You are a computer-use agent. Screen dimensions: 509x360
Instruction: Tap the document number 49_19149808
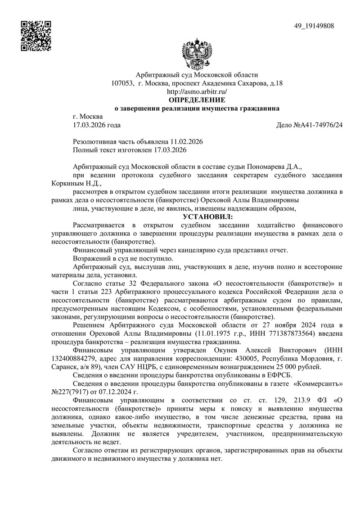pos(314,26)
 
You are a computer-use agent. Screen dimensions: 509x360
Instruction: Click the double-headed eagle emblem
pos(197,55)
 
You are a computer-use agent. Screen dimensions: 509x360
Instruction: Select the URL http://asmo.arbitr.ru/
pos(197,91)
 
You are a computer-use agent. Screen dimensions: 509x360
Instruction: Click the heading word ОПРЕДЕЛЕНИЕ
pos(197,99)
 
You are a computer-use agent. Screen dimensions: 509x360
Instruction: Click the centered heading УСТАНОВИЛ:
pos(197,217)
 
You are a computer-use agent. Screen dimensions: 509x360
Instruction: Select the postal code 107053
pos(122,83)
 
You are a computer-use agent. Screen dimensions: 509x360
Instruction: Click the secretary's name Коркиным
pos(67,183)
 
